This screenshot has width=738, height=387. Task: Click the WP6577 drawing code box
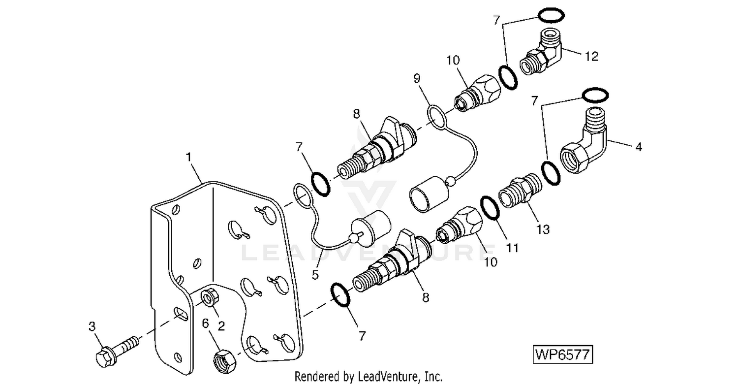click(563, 355)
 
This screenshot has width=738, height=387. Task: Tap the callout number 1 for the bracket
click(188, 157)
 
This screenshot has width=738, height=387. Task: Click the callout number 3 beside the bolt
click(92, 326)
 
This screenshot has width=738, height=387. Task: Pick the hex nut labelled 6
click(225, 361)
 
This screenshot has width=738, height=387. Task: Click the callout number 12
click(591, 57)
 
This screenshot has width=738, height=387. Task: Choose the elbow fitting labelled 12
click(540, 52)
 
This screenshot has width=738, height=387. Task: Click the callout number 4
click(639, 147)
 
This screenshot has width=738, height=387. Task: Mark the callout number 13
click(543, 229)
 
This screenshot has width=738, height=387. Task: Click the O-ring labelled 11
click(490, 208)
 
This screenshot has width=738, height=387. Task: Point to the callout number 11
click(512, 248)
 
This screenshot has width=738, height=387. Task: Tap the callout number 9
click(417, 78)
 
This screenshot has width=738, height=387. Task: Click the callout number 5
click(315, 275)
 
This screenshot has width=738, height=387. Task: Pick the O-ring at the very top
click(551, 15)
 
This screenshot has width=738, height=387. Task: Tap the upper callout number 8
click(357, 114)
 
